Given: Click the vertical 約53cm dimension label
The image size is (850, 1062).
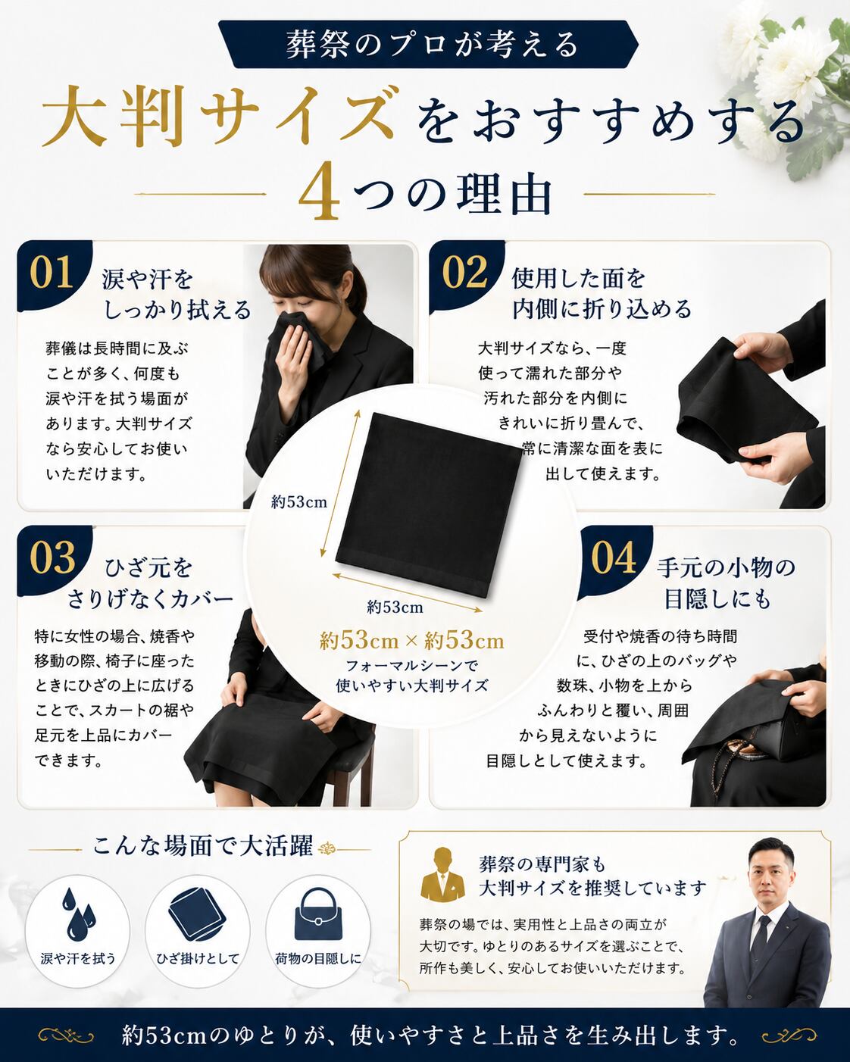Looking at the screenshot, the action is [x=298, y=502].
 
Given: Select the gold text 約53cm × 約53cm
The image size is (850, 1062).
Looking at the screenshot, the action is [x=411, y=641].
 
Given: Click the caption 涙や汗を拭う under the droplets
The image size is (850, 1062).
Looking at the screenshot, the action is [x=78, y=973].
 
